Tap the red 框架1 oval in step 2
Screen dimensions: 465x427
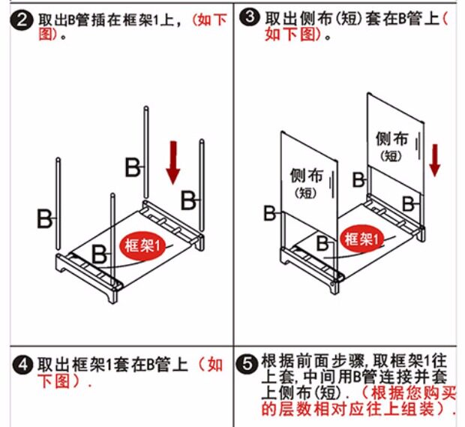144,245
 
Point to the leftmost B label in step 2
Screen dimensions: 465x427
46,219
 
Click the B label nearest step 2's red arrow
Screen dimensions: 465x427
189,200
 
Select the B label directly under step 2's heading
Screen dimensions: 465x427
132,167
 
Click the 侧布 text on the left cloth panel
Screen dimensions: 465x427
306,176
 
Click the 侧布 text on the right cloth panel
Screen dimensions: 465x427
391,140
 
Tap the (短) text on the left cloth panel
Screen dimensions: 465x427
305,193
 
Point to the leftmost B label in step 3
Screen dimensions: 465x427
269,213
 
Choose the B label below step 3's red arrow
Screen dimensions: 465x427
410,203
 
